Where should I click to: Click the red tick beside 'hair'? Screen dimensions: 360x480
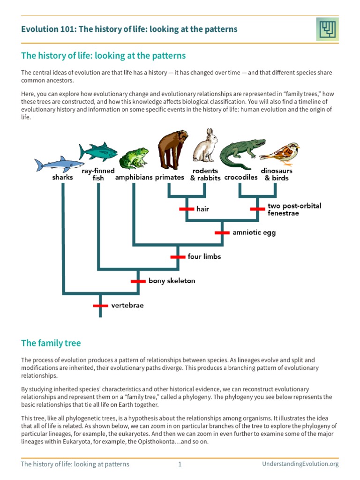pos(187,209)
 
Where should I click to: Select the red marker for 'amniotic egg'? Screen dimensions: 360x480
pos(222,232)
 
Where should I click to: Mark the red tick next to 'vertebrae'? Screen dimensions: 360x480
pos(100,305)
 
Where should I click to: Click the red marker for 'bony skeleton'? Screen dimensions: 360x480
pos(138,281)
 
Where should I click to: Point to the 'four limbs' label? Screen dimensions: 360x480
pos(204,256)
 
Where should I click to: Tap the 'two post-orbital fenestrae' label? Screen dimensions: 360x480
pos(294,210)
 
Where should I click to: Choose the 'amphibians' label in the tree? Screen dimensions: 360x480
pos(134,178)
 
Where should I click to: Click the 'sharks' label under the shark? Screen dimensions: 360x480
pos(63,178)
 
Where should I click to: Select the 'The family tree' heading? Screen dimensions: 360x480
pos(51,343)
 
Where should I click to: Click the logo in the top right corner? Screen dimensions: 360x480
pos(326,30)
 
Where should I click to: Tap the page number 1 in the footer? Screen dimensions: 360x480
pos(180,465)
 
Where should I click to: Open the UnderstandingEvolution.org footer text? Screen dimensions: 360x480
pos(300,465)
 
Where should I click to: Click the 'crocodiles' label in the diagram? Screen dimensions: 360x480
pos(241,178)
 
